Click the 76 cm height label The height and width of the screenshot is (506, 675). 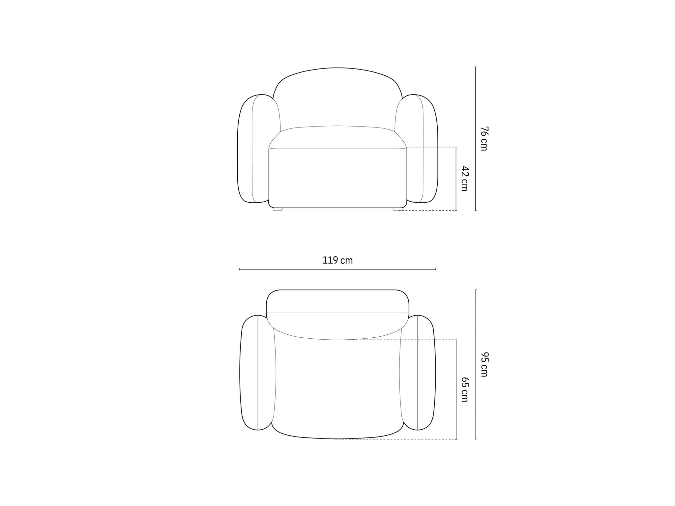pos(484,138)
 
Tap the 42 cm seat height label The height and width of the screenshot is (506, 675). pos(464,179)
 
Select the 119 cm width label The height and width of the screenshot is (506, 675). pos(337,261)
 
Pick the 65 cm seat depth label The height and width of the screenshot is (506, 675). pos(465,390)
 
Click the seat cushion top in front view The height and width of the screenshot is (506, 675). pos(337,137)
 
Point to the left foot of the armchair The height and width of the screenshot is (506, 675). pos(278,209)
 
